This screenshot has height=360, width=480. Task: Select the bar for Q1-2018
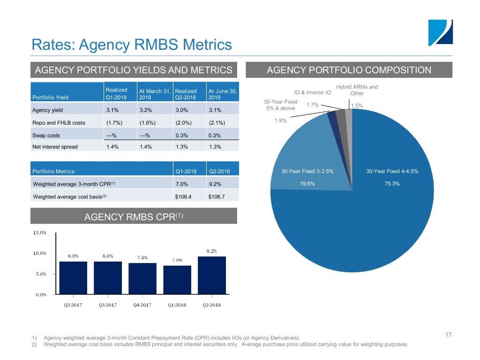(177, 280)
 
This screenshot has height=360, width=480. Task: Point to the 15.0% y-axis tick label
(39, 232)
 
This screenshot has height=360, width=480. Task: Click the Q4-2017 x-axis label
(142, 305)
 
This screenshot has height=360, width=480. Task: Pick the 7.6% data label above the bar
(142, 257)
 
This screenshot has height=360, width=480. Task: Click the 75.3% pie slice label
(389, 184)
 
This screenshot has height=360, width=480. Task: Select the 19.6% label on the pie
(307, 184)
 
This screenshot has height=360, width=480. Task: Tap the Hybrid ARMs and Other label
(357, 90)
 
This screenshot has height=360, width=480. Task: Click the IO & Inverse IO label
(312, 92)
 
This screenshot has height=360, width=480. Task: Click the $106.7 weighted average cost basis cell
(217, 196)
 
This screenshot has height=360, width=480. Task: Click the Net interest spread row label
(54, 147)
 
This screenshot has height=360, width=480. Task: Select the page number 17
(448, 335)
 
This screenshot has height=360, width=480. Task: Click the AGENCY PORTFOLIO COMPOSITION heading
(349, 70)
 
